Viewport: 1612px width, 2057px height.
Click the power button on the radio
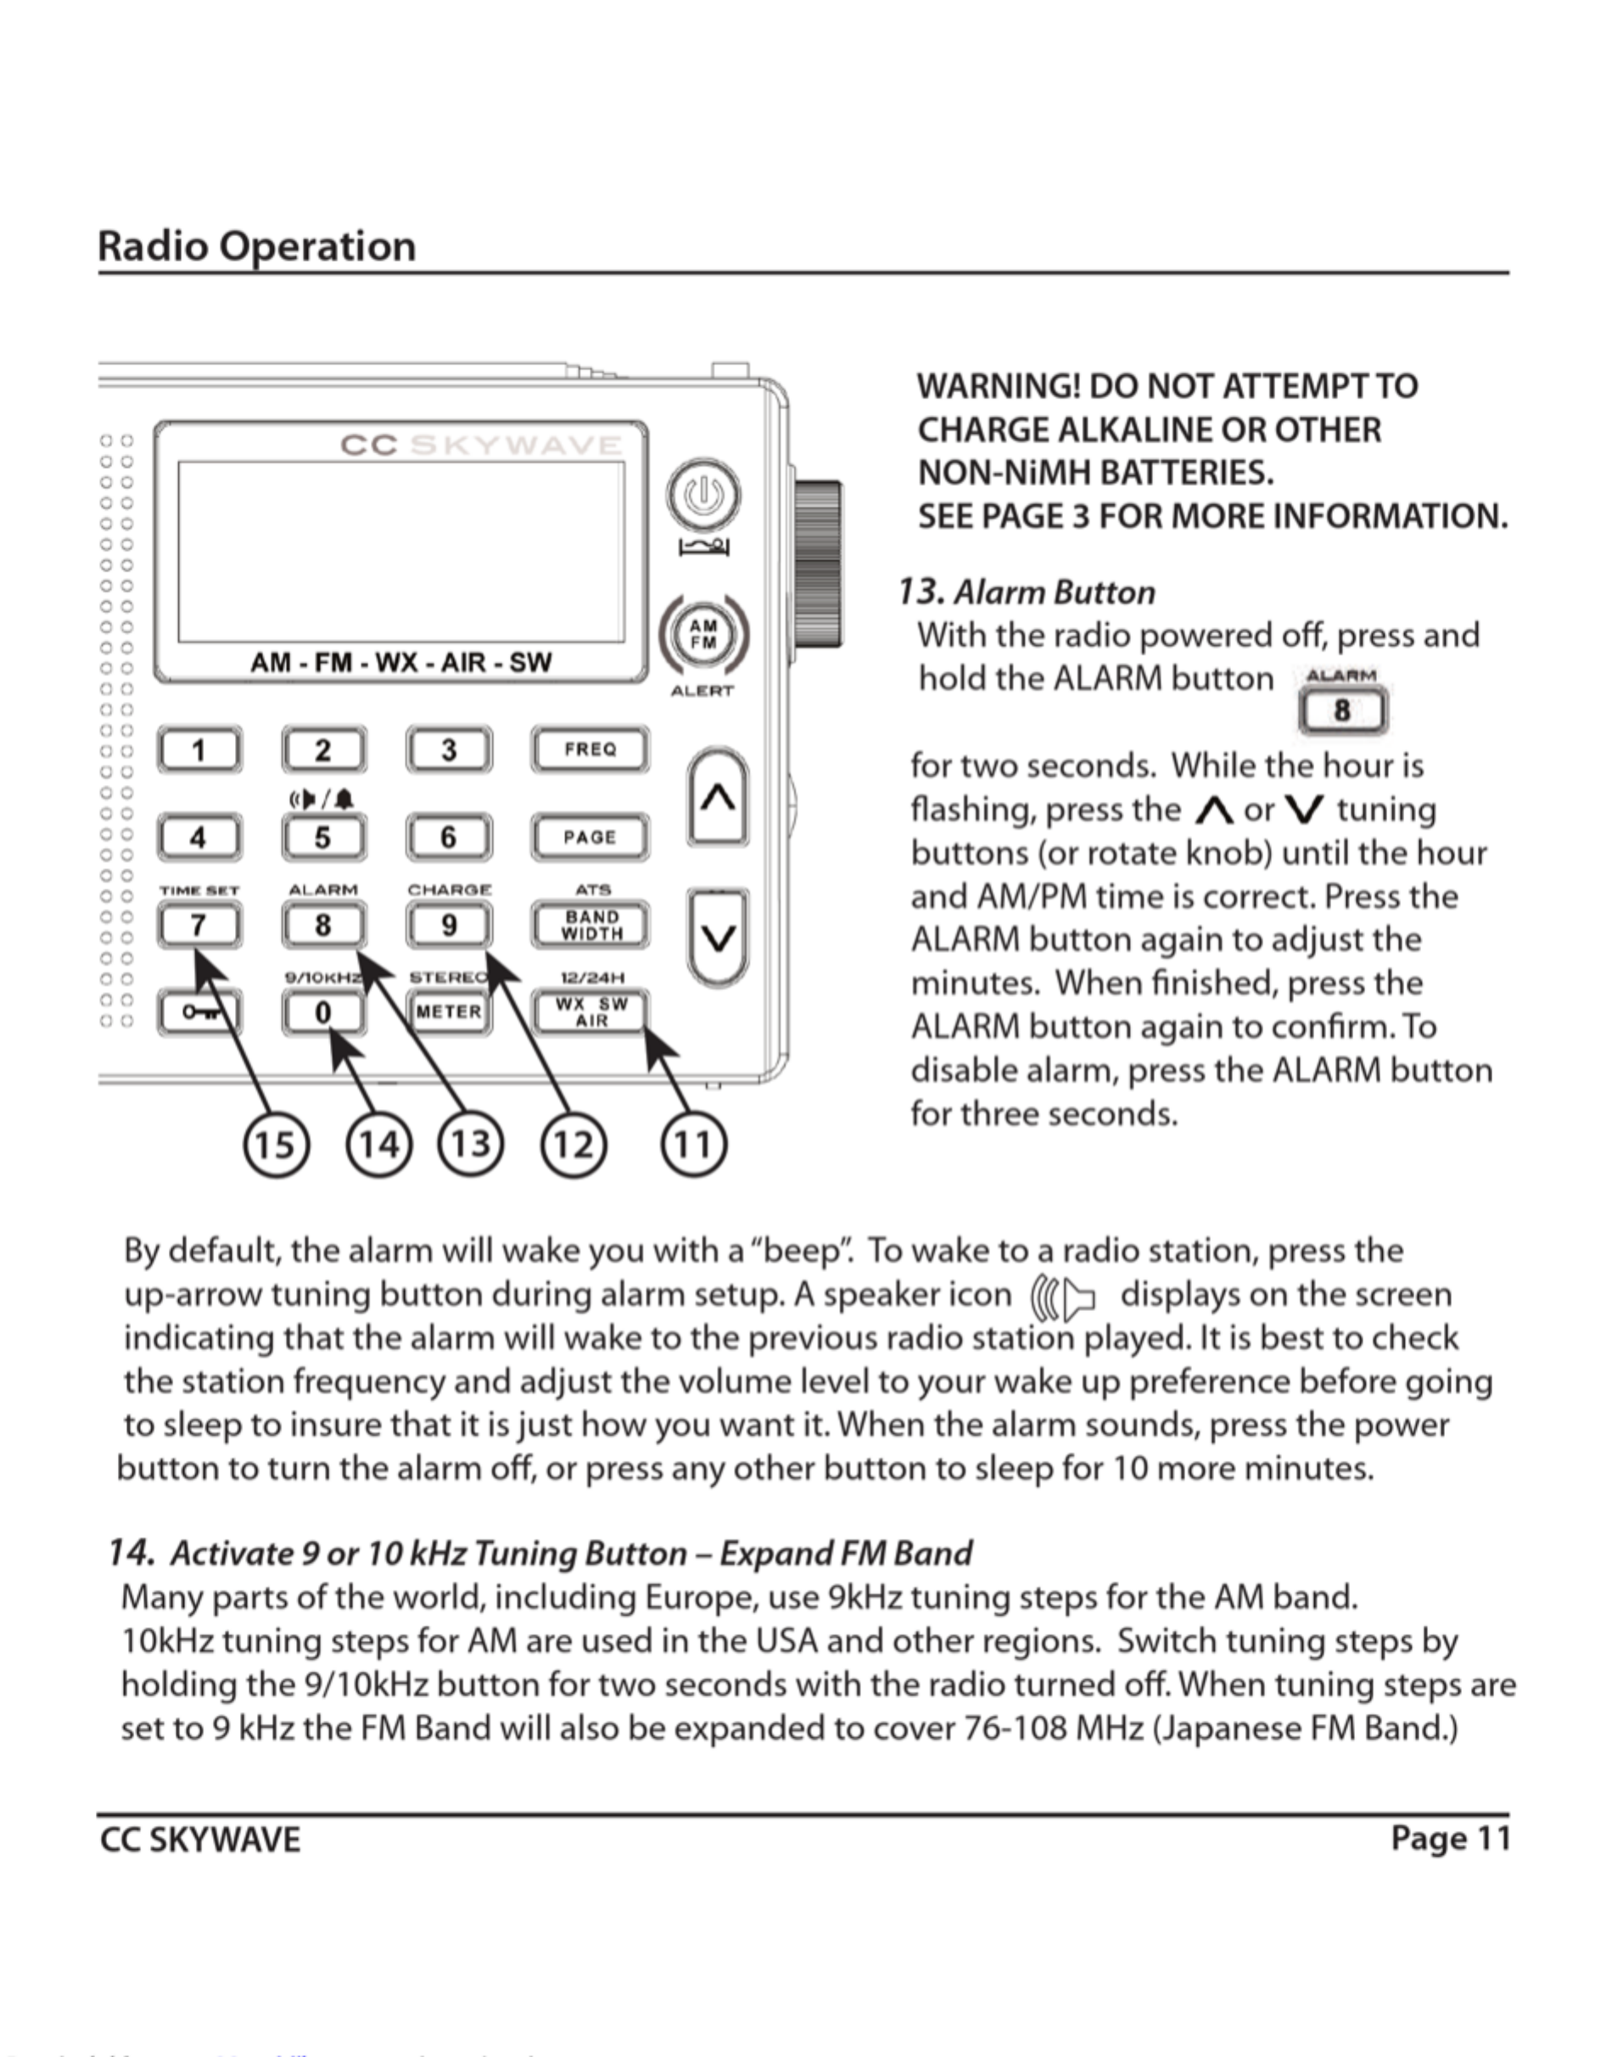[x=703, y=494]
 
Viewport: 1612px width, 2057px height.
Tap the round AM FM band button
[x=703, y=633]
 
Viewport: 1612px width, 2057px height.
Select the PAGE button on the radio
[x=590, y=838]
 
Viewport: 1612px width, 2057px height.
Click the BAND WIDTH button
[x=591, y=925]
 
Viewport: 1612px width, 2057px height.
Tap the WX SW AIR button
[x=591, y=1012]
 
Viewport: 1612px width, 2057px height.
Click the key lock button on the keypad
[x=199, y=1013]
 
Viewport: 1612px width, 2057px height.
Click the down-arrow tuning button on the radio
[x=719, y=939]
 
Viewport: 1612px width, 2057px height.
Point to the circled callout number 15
[x=276, y=1145]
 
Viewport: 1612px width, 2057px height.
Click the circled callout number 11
[x=693, y=1145]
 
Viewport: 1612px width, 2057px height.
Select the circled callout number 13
[x=471, y=1145]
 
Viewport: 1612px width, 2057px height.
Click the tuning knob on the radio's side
[x=817, y=564]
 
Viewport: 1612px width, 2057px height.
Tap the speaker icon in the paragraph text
[x=1064, y=1297]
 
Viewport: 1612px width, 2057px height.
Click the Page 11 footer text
[x=1450, y=1839]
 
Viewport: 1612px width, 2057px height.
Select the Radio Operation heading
[x=257, y=246]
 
